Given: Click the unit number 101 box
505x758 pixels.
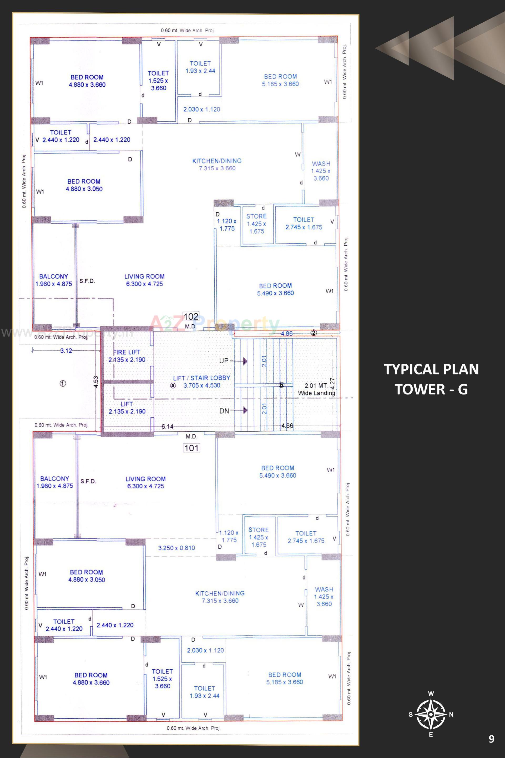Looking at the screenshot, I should click(x=191, y=448).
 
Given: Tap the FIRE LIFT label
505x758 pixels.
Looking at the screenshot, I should click(x=127, y=352).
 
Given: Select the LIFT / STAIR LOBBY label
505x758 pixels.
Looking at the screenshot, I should click(x=202, y=378).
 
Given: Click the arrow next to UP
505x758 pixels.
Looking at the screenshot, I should click(x=245, y=361).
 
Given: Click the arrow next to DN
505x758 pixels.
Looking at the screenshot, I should click(x=245, y=410).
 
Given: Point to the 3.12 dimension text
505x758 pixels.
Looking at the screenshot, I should click(x=66, y=351).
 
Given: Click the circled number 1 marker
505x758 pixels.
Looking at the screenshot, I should click(x=63, y=384).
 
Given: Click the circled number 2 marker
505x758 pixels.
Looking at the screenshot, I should click(x=314, y=333).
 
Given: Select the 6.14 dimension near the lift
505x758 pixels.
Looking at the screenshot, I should click(x=167, y=427).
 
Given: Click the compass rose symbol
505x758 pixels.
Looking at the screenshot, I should click(x=431, y=715).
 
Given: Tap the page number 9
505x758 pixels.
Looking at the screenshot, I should click(x=491, y=739).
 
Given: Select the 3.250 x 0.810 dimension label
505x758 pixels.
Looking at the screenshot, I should click(x=176, y=548).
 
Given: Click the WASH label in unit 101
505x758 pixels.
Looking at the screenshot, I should click(x=324, y=589).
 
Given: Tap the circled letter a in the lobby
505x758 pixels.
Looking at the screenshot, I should click(x=173, y=386).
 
